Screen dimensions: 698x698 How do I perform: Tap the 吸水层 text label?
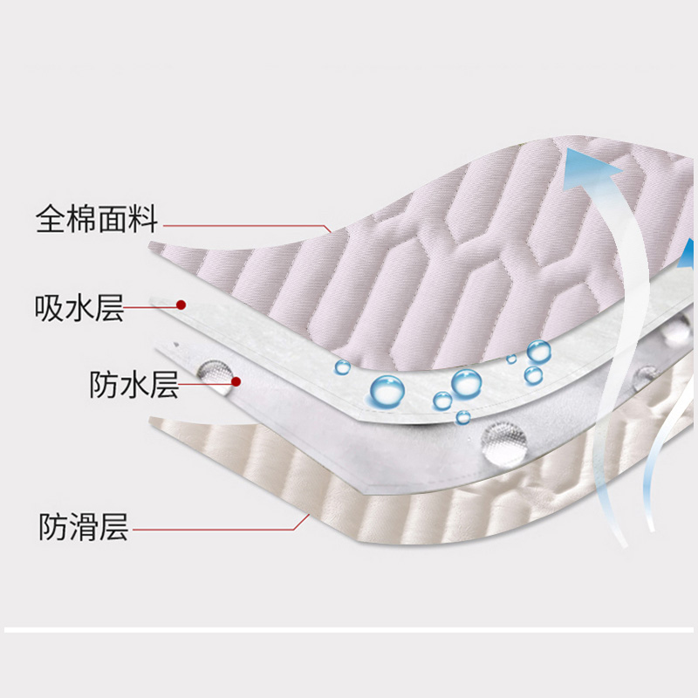click(x=79, y=307)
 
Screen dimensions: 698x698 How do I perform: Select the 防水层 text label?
click(x=133, y=384)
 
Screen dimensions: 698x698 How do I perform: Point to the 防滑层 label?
click(x=84, y=527)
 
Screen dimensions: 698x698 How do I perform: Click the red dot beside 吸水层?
click(x=181, y=305)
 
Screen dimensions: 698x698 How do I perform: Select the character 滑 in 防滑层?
click(x=84, y=527)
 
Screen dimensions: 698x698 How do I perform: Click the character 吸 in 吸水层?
click(x=51, y=307)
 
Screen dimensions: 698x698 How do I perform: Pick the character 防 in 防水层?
click(x=104, y=384)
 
